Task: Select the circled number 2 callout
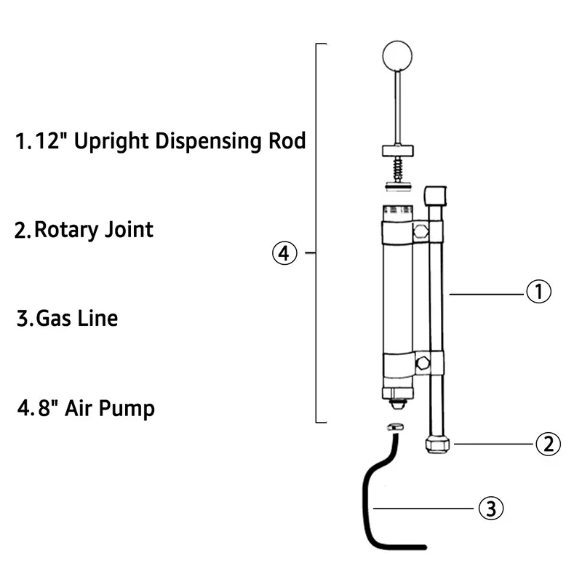pyautogui.click(x=548, y=443)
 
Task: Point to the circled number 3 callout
pyautogui.click(x=490, y=507)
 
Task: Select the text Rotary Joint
pyautogui.click(x=94, y=231)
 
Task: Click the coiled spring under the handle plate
pyautogui.click(x=398, y=170)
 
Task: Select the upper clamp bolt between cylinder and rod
pyautogui.click(x=420, y=233)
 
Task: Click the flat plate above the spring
pyautogui.click(x=397, y=152)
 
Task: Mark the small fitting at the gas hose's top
pyautogui.click(x=394, y=428)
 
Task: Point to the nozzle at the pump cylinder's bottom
pyautogui.click(x=397, y=399)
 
